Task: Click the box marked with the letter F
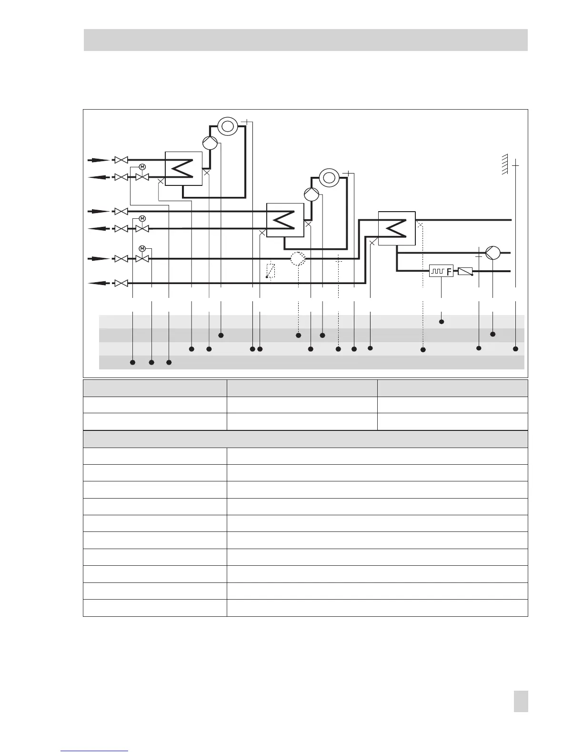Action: [x=441, y=271]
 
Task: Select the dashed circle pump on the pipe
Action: [x=298, y=259]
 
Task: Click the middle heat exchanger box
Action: [x=285, y=220]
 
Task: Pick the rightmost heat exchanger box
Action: [x=397, y=228]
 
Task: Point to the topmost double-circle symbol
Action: [x=228, y=126]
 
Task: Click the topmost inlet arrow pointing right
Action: [x=98, y=160]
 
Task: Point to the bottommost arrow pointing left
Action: [x=98, y=283]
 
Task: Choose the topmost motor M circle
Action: [x=142, y=167]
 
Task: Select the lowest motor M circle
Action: [x=142, y=248]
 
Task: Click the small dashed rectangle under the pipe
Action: [x=271, y=270]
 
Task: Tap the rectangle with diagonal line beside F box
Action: [x=465, y=271]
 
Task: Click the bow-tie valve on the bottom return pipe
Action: [x=121, y=283]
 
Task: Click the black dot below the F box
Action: [x=441, y=322]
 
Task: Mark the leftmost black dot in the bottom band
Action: [x=133, y=363]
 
